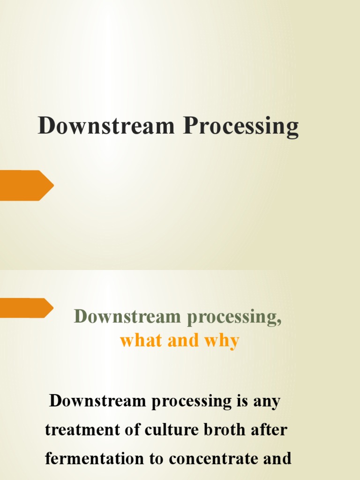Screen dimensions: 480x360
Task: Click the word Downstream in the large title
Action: pyautogui.click(x=106, y=126)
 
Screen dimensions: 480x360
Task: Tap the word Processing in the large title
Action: pyautogui.click(x=240, y=127)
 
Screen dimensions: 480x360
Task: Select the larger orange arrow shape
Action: pyautogui.click(x=26, y=186)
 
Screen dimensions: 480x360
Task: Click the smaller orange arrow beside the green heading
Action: pyautogui.click(x=26, y=308)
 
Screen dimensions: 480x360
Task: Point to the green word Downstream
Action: pyautogui.click(x=127, y=316)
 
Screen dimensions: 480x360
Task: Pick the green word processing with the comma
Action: pyautogui.click(x=234, y=317)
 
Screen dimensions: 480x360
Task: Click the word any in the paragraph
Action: pyautogui.click(x=267, y=402)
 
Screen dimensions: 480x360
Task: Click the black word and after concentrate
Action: pyautogui.click(x=277, y=458)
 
